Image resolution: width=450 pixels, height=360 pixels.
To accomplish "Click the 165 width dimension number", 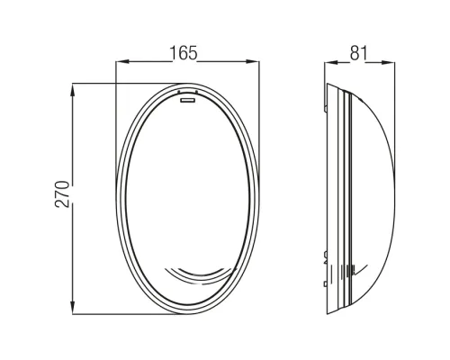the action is (x=184, y=53).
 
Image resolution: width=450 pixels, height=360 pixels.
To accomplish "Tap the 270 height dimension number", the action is (x=62, y=194).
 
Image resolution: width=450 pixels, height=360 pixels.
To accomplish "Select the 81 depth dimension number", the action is (x=358, y=53).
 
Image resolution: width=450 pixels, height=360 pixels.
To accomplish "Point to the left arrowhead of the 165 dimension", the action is (x=122, y=61).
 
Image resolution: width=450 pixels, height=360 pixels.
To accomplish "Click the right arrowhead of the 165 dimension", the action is (x=253, y=61).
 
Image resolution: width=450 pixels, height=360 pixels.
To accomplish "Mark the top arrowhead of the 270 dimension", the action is (x=73, y=90).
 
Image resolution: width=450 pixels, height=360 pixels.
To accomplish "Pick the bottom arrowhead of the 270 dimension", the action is (x=73, y=308).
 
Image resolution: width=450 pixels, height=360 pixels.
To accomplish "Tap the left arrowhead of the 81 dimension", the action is (x=331, y=63).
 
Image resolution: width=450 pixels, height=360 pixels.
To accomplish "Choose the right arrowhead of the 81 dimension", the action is (x=388, y=63).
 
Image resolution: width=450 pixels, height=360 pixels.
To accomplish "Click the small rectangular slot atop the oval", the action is (x=187, y=100).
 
